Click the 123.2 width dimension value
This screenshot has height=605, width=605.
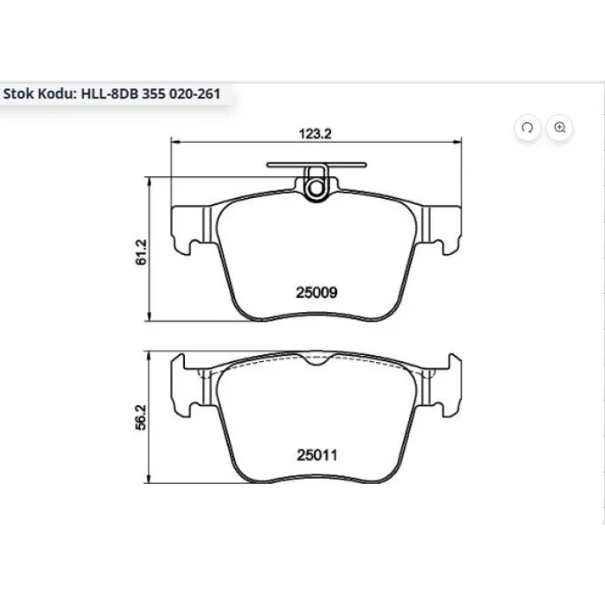tap(315, 133)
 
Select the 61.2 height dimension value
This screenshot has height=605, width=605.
tap(141, 252)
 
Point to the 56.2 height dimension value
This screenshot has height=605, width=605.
tap(141, 417)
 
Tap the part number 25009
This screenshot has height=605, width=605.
tap(316, 292)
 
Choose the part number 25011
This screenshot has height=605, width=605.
tap(317, 455)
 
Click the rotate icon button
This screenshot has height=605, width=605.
tap(527, 127)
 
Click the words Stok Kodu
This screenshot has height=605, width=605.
tap(40, 93)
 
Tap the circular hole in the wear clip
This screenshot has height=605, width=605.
tap(316, 188)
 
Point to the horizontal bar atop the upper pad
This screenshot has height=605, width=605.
tap(316, 165)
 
